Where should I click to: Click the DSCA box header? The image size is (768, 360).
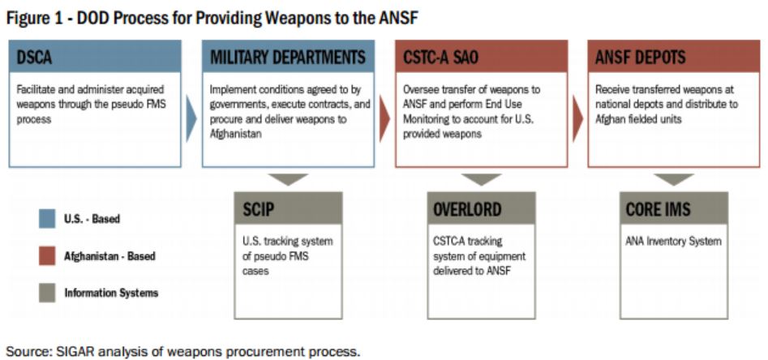pyautogui.click(x=95, y=56)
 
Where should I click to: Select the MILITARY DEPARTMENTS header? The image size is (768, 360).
pyautogui.click(x=289, y=56)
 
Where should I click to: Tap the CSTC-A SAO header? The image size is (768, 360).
pyautogui.click(x=482, y=56)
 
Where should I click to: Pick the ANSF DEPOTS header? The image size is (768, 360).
pyautogui.click(x=674, y=56)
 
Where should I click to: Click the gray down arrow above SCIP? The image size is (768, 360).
pyautogui.click(x=289, y=178)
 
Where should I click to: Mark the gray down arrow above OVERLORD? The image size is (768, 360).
pyautogui.click(x=482, y=178)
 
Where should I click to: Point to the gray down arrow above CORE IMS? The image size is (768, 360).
pyautogui.click(x=674, y=178)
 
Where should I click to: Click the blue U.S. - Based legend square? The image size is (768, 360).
pyautogui.click(x=47, y=219)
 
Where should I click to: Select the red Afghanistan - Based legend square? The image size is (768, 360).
pyautogui.click(x=47, y=256)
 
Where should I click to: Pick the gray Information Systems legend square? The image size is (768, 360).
pyautogui.click(x=47, y=294)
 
